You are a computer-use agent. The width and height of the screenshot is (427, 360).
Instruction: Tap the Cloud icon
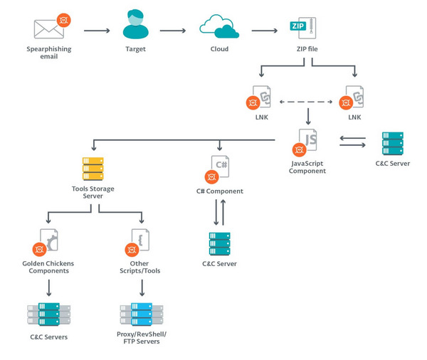(219, 26)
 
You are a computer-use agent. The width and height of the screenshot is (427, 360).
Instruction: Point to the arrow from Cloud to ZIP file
(264, 31)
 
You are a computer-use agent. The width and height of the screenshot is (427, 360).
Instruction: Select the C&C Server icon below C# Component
(219, 245)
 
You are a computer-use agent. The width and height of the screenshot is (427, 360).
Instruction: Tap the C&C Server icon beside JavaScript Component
(391, 142)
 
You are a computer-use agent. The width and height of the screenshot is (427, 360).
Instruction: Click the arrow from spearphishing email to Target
(96, 31)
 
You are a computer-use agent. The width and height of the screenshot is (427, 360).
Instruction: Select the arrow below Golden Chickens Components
(50, 287)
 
